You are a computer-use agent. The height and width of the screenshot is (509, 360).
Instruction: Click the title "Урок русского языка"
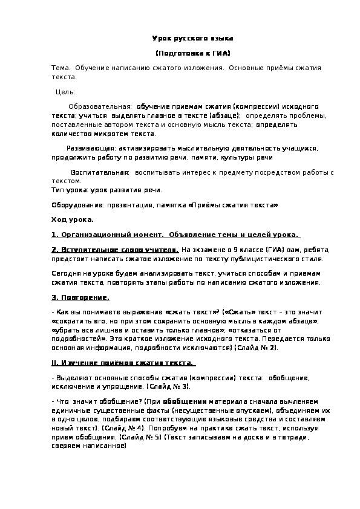pos(192,37)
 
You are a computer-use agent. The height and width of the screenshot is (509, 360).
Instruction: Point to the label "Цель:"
pos(65,92)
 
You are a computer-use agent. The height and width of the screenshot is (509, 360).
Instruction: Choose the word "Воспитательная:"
pos(99,172)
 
